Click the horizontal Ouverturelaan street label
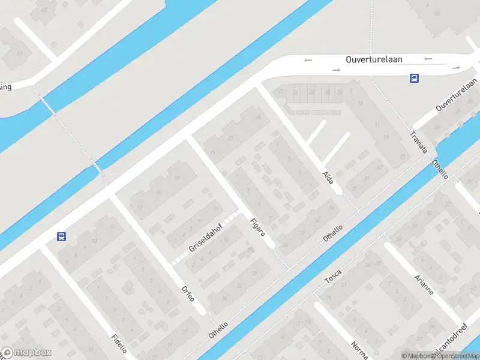click(374, 59)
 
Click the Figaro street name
click(257, 227)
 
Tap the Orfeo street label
click(188, 293)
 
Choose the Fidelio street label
click(119, 345)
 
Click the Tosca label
click(333, 276)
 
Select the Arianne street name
click(424, 284)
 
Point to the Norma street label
click(359, 350)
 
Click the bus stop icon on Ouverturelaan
click(414, 78)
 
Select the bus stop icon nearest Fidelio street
click(61, 236)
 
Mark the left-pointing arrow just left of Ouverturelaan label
click(308, 59)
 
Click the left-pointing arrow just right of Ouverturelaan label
click(428, 59)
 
